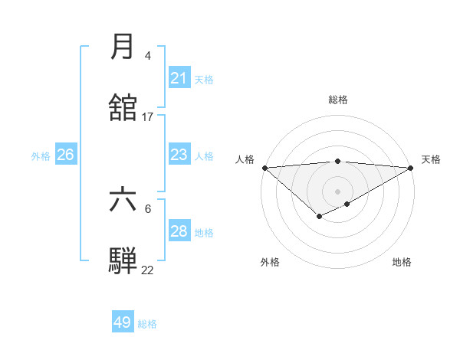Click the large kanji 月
click(123, 47)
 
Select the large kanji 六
click(123, 200)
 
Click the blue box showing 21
click(179, 78)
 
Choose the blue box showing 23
click(179, 155)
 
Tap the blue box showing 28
click(179, 231)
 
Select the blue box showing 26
click(65, 155)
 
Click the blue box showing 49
click(123, 322)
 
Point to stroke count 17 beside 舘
click(148, 117)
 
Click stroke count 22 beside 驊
click(148, 270)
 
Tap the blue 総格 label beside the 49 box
click(148, 324)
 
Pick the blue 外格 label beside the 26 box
click(41, 156)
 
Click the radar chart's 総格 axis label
click(338, 100)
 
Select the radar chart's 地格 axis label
click(402, 262)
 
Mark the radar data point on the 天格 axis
click(412, 168)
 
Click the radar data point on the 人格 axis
click(264, 168)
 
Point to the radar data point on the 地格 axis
click(347, 204)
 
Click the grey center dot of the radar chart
click(338, 191)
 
